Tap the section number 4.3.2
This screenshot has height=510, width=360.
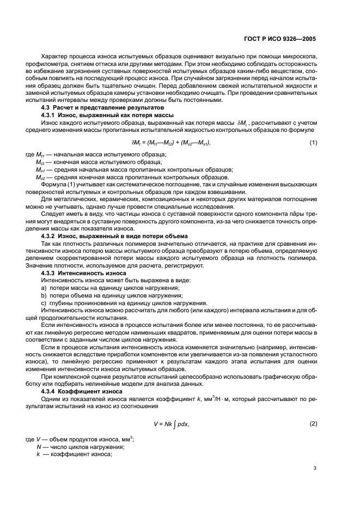tap(51, 235)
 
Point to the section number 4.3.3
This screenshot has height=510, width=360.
tap(51, 272)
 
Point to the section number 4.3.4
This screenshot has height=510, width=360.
tap(51, 391)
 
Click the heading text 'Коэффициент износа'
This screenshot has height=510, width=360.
tap(94, 391)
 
